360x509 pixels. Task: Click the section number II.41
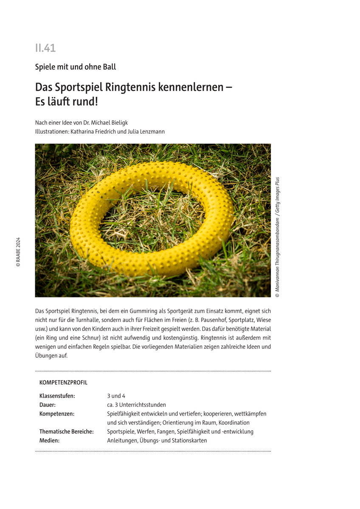[45, 48]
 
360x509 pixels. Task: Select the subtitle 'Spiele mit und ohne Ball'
[76, 67]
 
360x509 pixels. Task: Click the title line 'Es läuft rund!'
[66, 102]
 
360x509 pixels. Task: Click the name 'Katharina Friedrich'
[97, 131]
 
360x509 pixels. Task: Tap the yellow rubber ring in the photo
[85, 238]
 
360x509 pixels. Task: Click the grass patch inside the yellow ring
[149, 221]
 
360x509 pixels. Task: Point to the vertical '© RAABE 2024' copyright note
[18, 252]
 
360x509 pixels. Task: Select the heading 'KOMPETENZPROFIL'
[63, 382]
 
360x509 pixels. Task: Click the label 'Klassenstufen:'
[57, 396]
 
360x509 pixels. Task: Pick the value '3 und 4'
[116, 396]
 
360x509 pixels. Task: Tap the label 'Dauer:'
[48, 405]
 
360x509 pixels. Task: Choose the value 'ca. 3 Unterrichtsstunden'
[136, 405]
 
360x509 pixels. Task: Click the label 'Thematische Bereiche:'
[67, 431]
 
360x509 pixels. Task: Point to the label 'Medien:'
[49, 440]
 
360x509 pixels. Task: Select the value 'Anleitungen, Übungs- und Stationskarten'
[157, 440]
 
